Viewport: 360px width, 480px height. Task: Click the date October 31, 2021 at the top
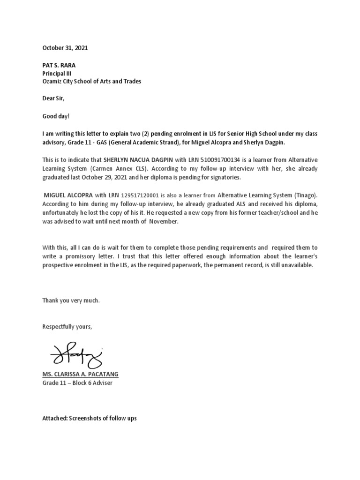click(65, 48)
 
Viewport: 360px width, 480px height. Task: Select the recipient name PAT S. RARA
click(59, 65)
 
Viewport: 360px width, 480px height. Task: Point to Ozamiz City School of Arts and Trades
click(92, 81)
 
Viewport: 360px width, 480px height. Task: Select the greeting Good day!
click(56, 116)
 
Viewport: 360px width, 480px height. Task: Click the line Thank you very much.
click(71, 300)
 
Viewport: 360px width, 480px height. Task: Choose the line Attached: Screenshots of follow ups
click(90, 418)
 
